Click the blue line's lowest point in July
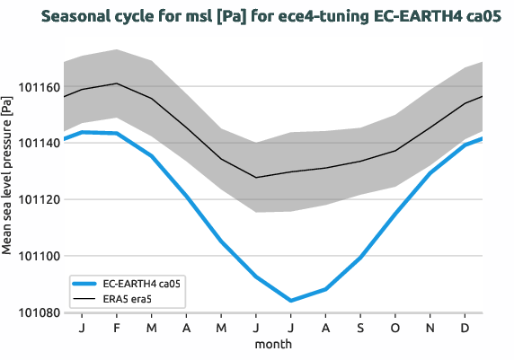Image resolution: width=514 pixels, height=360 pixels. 291,301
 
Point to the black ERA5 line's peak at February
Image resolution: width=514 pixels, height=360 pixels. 117,83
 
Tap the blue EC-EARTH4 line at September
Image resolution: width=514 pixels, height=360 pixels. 360,258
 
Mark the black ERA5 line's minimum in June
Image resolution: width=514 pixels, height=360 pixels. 256,178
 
